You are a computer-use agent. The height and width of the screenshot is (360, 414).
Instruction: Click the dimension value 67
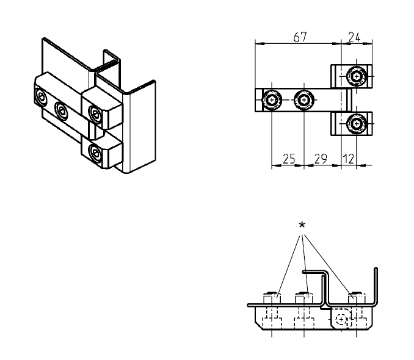pyautogui.click(x=299, y=37)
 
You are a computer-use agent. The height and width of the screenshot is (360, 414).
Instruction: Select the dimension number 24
pyautogui.click(x=355, y=37)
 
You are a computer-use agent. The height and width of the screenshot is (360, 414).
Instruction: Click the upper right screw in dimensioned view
pyautogui.click(x=356, y=77)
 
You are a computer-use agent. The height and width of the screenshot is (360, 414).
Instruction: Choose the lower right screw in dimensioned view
pyautogui.click(x=356, y=124)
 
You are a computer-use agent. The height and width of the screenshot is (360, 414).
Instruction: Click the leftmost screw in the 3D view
pyautogui.click(x=40, y=97)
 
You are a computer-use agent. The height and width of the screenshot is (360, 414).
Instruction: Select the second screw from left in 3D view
pyautogui.click(x=61, y=110)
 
